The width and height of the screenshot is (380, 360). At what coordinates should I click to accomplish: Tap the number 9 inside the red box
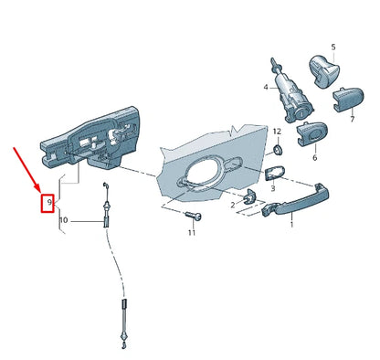50,200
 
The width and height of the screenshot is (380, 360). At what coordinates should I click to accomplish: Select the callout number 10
63,220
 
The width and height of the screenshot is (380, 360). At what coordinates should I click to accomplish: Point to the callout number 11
192,234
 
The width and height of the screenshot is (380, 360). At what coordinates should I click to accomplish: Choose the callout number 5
332,46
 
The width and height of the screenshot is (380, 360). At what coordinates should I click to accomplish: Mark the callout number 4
265,88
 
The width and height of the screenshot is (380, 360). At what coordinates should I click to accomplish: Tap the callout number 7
353,119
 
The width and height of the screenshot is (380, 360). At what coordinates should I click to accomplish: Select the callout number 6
315,158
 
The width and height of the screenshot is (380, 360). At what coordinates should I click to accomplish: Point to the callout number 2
233,206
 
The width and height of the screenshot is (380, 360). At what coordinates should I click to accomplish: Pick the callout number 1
291,225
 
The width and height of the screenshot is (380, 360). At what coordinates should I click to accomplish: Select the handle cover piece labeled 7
350,96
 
